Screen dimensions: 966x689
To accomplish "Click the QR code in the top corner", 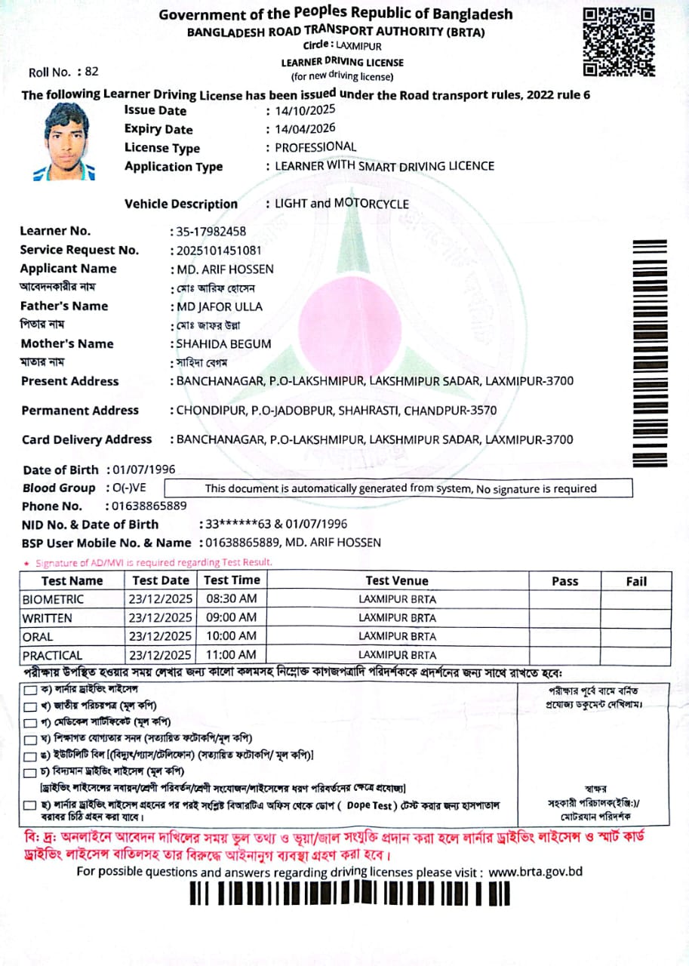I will [619, 42].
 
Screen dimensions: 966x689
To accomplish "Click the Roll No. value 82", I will [92, 72].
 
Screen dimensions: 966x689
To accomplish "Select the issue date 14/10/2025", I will [306, 110].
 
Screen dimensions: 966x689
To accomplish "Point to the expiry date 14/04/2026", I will [306, 129].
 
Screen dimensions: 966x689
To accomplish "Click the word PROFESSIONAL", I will [315, 147].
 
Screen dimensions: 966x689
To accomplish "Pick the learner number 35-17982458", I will [211, 232].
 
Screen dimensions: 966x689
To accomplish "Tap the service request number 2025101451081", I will [220, 251].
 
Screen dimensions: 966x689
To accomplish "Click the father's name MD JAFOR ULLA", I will [220, 306].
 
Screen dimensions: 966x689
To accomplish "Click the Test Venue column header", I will [396, 581].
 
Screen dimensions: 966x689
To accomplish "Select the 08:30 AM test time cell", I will [231, 599].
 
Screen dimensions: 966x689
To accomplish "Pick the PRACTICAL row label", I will [52, 655].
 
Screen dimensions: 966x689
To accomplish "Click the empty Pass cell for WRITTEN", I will [564, 618].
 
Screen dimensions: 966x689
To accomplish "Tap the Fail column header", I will [636, 581].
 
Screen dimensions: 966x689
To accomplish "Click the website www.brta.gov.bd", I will [536, 872].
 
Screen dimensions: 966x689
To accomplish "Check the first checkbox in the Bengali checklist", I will [29, 691].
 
